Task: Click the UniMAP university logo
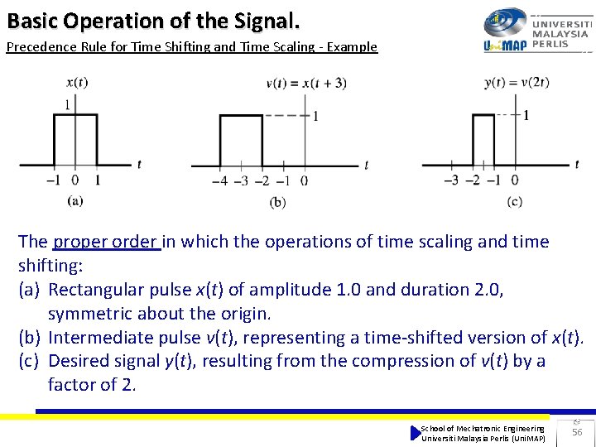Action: (x=536, y=31)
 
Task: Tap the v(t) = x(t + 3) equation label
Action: (x=305, y=83)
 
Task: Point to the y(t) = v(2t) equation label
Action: (x=517, y=82)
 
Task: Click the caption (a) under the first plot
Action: (x=75, y=199)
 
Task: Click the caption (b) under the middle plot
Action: (x=278, y=201)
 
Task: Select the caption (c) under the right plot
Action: (x=515, y=200)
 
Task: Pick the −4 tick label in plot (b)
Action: (x=219, y=181)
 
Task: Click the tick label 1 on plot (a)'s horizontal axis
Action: (x=98, y=180)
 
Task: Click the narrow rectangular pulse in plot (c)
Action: (x=483, y=141)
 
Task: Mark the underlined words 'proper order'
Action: (x=106, y=242)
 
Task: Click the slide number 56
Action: (x=577, y=432)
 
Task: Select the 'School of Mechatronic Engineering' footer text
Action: (x=483, y=428)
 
